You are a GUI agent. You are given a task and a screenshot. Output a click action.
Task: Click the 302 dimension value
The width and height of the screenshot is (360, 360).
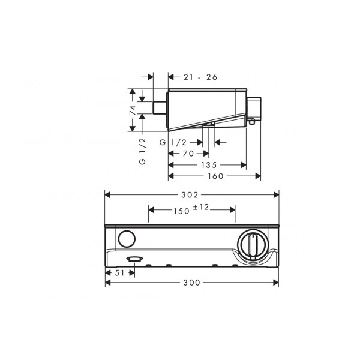click(x=190, y=195)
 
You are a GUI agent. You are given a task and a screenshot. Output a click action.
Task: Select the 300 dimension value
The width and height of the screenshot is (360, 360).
click(x=192, y=283)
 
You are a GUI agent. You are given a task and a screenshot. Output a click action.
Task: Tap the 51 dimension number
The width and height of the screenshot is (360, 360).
click(x=119, y=273)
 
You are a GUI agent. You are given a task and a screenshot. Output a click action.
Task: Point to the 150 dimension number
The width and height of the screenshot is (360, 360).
click(x=182, y=211)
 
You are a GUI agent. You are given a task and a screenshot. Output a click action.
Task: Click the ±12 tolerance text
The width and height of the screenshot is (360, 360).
click(x=201, y=208)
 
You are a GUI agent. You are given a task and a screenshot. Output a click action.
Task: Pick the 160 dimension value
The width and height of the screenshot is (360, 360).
click(x=215, y=176)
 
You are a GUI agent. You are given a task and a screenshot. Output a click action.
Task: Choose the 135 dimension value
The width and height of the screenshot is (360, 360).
click(x=209, y=165)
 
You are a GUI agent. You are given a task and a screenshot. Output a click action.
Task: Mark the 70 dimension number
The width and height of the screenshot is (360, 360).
click(x=188, y=154)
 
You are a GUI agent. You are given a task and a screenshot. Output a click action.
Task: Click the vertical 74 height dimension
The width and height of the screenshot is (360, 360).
click(x=133, y=110)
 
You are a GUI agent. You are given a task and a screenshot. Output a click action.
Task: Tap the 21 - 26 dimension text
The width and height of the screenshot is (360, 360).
click(x=200, y=77)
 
